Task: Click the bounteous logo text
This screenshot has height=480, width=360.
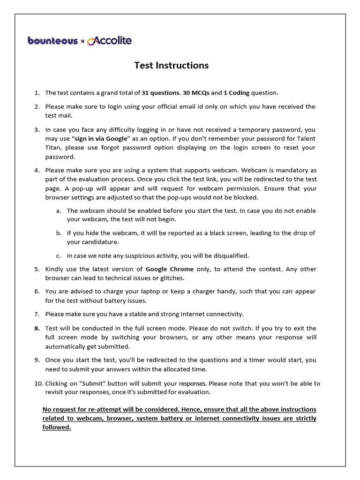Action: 52,41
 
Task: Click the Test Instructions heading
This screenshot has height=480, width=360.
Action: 172,65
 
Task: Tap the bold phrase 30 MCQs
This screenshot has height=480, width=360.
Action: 196,93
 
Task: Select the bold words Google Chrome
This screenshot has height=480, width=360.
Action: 169,269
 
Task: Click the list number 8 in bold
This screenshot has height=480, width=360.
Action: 37,328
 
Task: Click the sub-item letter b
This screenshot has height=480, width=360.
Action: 58,233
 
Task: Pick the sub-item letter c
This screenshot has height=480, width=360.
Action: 58,255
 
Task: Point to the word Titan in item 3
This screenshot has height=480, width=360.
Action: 54,148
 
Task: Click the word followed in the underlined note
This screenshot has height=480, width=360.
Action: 56,427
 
